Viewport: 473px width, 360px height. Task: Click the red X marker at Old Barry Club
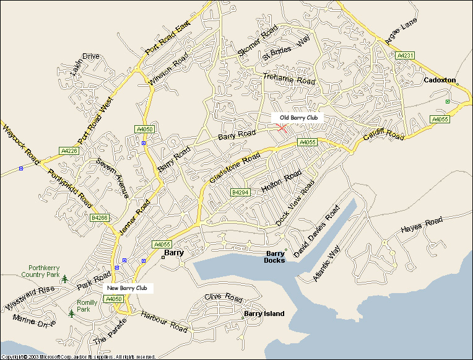(x=282, y=127)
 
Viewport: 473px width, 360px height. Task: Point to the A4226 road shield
(x=69, y=151)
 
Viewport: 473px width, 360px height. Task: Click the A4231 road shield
(x=406, y=55)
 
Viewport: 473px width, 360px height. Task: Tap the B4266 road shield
(x=99, y=217)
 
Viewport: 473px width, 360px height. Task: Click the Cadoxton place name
(x=440, y=81)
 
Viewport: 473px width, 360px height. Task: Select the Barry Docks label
(x=275, y=257)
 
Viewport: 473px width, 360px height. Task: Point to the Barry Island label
(x=264, y=314)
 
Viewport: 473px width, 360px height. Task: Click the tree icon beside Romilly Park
(x=72, y=314)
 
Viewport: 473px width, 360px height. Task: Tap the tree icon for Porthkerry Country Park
(x=65, y=279)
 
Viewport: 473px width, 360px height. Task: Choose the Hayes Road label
(x=422, y=224)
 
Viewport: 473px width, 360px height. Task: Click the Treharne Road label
(x=289, y=79)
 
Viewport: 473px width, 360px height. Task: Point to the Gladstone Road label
(x=235, y=169)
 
